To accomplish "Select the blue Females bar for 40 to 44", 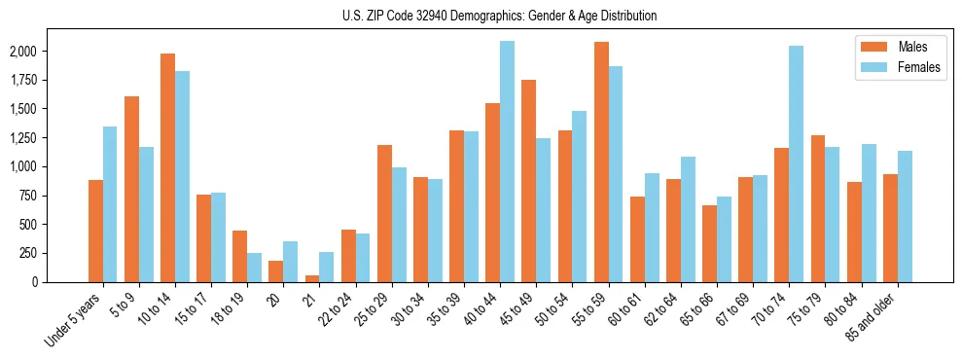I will [507, 162].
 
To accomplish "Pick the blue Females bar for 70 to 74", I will [796, 163].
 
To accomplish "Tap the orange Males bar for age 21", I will [312, 278].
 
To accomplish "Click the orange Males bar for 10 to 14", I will [167, 167].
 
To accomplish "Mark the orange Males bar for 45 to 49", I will [528, 181].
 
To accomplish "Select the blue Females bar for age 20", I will [291, 262].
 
